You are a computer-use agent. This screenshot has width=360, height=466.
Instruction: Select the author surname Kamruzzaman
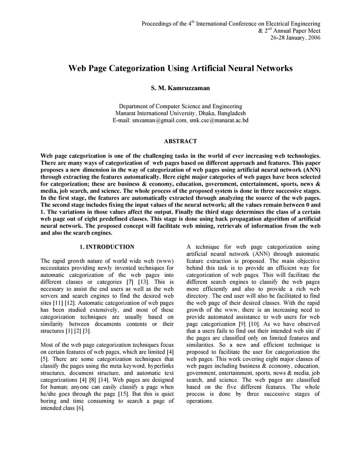coord(189,88)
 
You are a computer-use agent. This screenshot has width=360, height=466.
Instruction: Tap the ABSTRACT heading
coord(180,141)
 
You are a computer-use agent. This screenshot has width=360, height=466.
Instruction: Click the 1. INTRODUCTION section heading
coord(107,247)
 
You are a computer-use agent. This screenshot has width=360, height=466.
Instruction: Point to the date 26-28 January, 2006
coord(295,38)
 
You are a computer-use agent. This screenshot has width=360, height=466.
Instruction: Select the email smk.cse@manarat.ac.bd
coord(219,120)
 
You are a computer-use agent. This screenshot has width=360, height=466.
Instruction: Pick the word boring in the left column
coord(48,401)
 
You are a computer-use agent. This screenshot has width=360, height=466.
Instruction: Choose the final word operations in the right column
coord(200,401)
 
